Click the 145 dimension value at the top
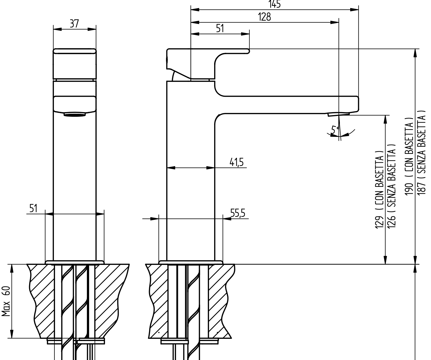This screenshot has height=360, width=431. (x=275, y=4)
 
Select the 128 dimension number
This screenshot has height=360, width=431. (x=264, y=17)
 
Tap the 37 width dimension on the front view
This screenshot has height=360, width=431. (x=74, y=24)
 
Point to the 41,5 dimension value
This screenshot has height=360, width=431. (x=237, y=162)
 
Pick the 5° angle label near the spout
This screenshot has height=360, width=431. (x=335, y=130)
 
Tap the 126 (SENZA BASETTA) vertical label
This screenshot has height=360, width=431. (x=391, y=186)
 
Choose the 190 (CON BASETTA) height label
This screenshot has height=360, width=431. (x=409, y=156)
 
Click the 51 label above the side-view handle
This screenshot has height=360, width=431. (x=220, y=28)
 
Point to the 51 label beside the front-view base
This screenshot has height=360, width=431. (x=33, y=208)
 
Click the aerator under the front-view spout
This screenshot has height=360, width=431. (x=74, y=115)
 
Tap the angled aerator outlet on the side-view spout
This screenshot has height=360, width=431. (x=339, y=114)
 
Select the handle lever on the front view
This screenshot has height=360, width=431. (x=75, y=64)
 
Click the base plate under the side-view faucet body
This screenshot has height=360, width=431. (x=191, y=262)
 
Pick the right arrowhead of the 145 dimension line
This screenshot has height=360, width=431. (x=354, y=10)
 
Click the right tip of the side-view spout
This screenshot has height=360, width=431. (x=358, y=103)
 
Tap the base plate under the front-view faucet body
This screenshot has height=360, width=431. (x=74, y=262)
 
